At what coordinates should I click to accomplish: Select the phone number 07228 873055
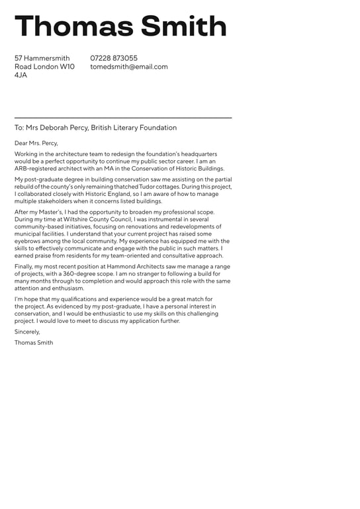coord(114,58)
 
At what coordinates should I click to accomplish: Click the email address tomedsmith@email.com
coord(129,67)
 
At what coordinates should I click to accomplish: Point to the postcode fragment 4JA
coord(21,75)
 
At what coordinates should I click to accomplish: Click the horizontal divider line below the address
coord(123,118)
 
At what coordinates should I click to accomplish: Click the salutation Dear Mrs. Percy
coord(36,143)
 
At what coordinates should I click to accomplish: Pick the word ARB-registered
coord(35,169)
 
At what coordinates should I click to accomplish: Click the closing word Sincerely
coord(27,332)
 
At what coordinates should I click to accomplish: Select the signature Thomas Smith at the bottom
coord(34,343)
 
